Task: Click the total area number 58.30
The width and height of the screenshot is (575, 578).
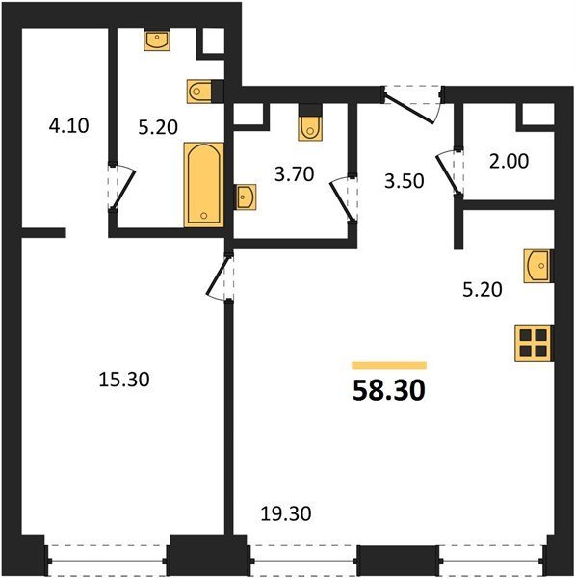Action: tap(389, 391)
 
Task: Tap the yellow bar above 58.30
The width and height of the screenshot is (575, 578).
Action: tap(389, 365)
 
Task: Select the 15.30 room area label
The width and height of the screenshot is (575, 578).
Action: tap(124, 380)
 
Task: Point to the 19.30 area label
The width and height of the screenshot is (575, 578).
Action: tap(286, 513)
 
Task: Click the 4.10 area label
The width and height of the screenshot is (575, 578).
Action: tap(69, 125)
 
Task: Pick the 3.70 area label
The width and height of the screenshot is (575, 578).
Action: tap(294, 174)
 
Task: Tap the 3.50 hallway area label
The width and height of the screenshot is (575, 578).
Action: tap(404, 181)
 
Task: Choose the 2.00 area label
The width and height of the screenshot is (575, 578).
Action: tap(509, 161)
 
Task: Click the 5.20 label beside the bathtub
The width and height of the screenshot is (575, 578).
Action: tap(158, 127)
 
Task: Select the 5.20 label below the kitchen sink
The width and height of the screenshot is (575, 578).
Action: tap(483, 290)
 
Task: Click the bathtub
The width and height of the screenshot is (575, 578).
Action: tap(204, 184)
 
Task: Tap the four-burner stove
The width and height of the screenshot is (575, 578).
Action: tap(535, 343)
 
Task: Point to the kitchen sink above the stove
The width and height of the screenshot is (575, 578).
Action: tap(538, 266)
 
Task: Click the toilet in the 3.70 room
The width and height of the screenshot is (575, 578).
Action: tap(310, 122)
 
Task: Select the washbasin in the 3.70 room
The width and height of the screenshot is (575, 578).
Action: tap(246, 197)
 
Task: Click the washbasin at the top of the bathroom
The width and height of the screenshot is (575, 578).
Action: tap(157, 40)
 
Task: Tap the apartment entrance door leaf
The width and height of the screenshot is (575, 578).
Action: tap(408, 108)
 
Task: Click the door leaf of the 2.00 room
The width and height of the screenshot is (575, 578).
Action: tap(448, 174)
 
